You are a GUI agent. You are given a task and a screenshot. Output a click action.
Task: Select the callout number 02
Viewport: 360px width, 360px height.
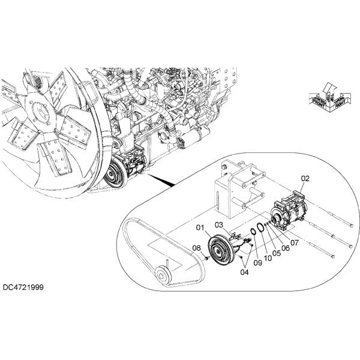point(305,178)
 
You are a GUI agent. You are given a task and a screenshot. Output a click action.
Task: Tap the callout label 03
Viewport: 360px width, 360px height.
point(219,224)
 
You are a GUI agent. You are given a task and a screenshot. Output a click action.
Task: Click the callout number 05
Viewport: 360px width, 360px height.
point(276,253)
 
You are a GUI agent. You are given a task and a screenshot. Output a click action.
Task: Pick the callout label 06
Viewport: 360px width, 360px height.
point(286,248)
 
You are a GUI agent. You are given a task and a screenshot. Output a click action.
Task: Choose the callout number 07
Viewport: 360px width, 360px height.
point(294,243)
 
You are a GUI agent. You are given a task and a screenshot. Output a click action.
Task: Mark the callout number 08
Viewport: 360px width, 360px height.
point(196,248)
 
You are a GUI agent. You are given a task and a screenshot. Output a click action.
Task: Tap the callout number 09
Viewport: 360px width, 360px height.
point(257,262)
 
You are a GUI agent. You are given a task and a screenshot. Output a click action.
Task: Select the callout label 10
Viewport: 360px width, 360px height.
point(266,257)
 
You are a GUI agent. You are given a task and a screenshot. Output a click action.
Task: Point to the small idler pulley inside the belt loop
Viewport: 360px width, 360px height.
point(163,276)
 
